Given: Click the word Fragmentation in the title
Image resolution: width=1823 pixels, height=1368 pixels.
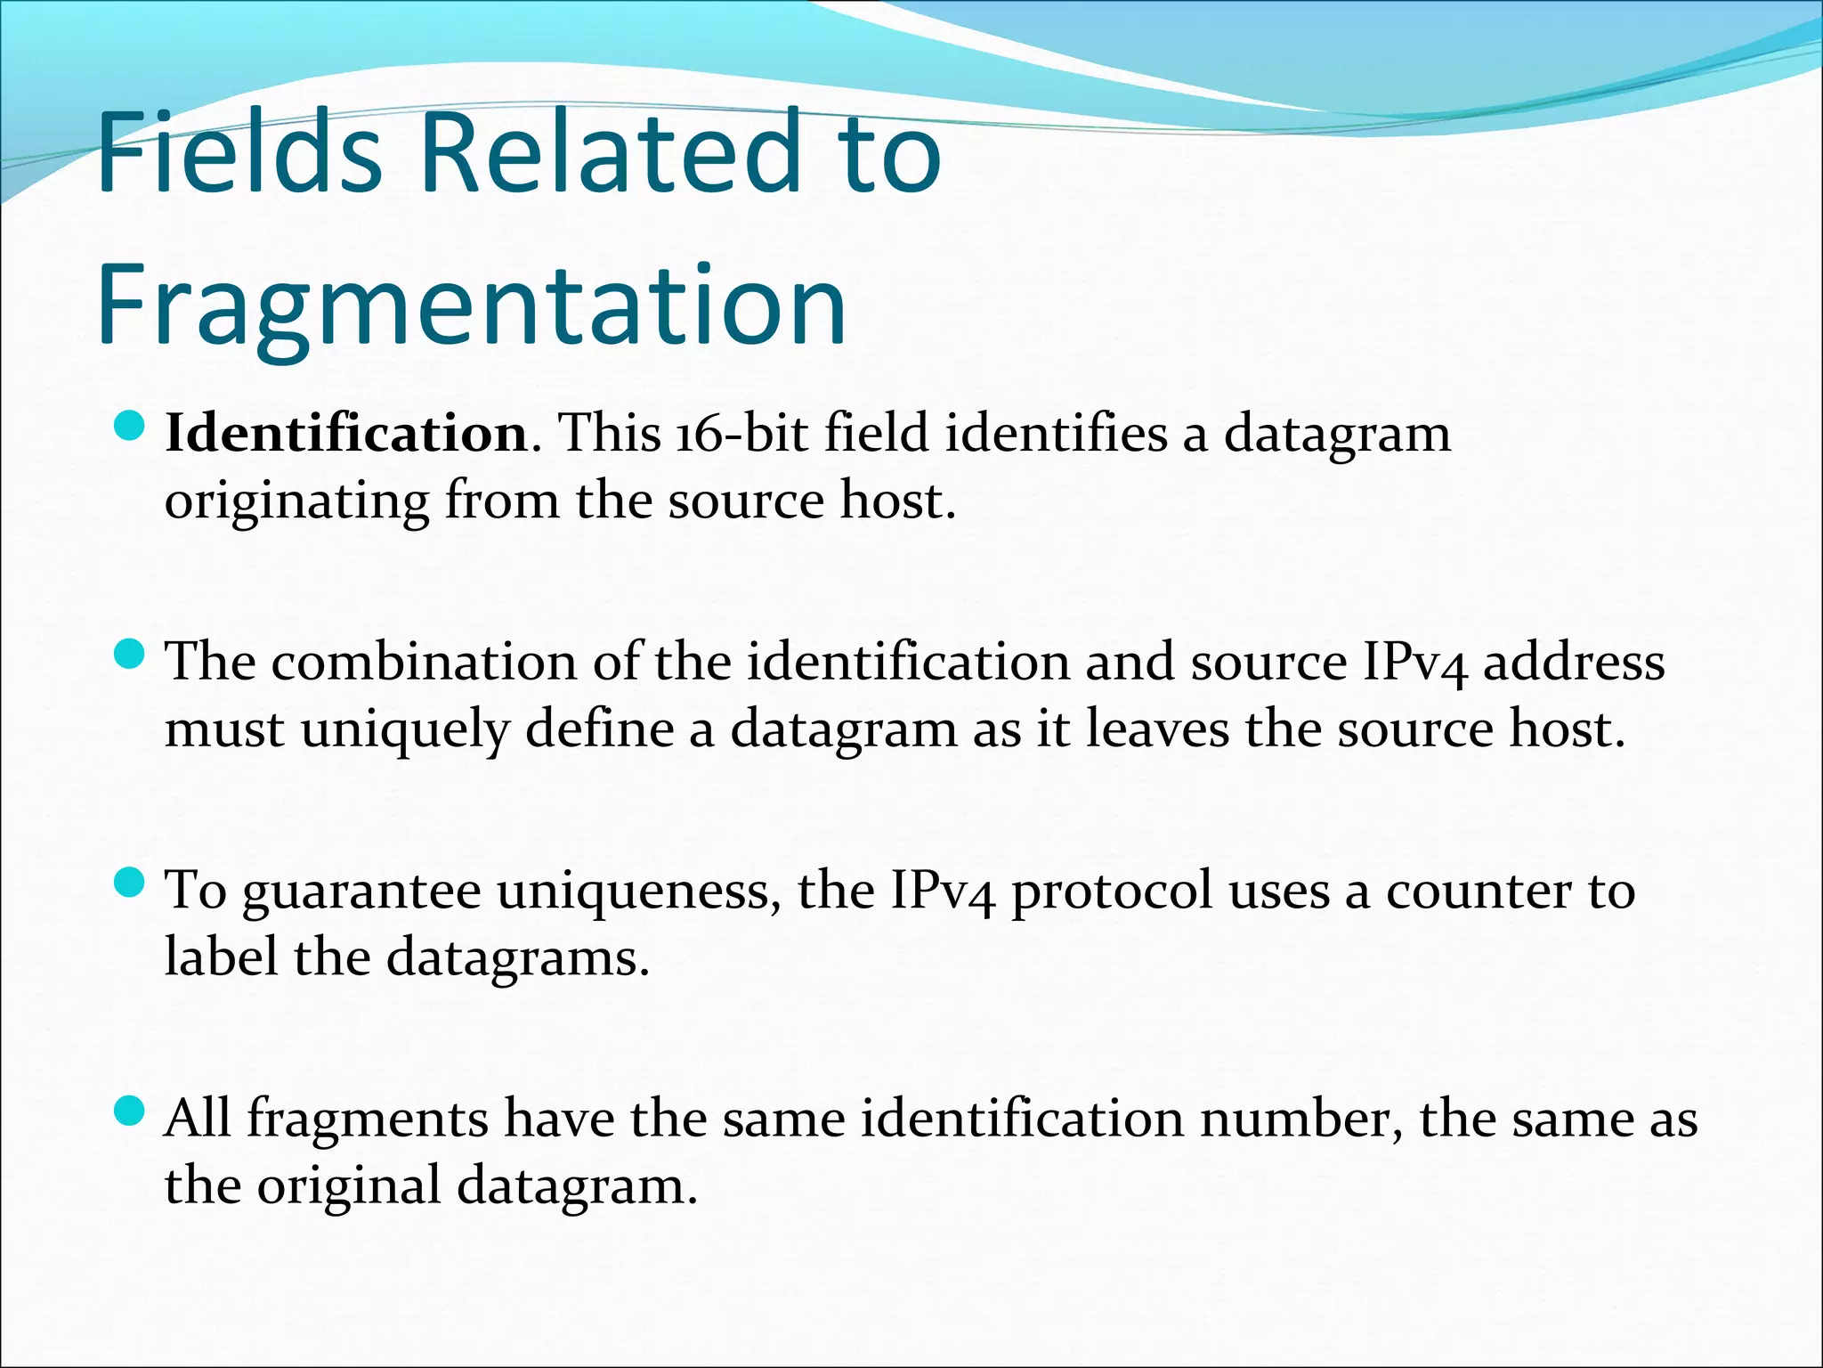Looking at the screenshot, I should click(x=472, y=305).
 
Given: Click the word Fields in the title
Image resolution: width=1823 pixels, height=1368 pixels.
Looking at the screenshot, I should click(x=239, y=151).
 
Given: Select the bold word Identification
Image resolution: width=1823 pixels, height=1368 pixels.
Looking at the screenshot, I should click(x=347, y=434).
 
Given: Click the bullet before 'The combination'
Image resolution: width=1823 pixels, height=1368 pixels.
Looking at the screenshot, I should click(x=130, y=656).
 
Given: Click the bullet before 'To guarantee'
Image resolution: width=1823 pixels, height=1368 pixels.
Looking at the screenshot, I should click(x=130, y=884).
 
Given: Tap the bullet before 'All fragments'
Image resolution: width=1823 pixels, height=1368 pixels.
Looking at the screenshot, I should click(x=130, y=1111).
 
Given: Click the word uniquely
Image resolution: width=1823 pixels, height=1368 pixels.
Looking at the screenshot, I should click(x=404, y=729).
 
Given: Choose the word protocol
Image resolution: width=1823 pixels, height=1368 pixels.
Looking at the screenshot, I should click(x=1112, y=891).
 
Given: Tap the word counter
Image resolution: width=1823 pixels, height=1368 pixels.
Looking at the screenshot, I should click(x=1479, y=890).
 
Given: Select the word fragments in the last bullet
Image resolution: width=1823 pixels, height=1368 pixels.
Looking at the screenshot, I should click(x=367, y=1119).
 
